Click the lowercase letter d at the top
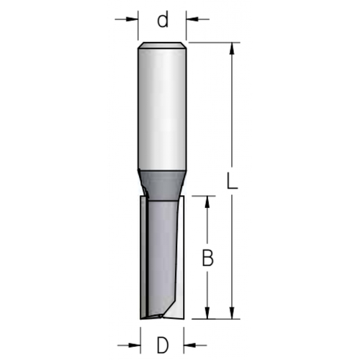click(163, 20)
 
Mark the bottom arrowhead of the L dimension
click(232, 313)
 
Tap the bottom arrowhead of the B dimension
click(207, 313)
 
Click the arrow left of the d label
click(132, 19)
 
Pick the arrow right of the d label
click(193, 19)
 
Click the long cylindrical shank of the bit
click(163, 108)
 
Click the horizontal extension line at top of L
click(212, 42)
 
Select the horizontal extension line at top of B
click(202, 194)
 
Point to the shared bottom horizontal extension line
click(212, 319)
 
